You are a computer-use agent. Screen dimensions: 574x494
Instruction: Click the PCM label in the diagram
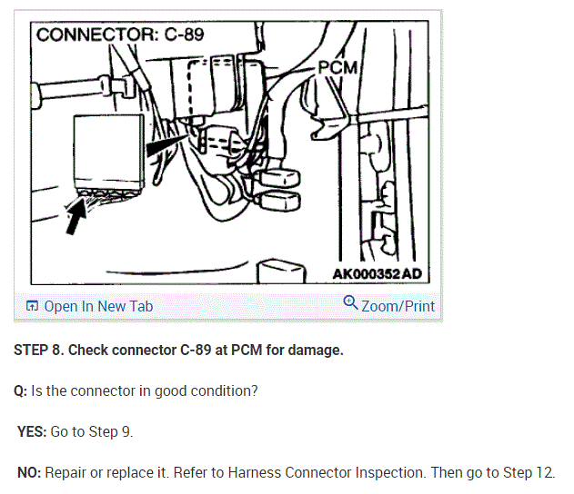[x=337, y=68]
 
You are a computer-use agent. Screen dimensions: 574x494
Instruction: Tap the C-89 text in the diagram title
[x=184, y=35]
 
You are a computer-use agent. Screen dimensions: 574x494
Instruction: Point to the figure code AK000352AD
[x=377, y=273]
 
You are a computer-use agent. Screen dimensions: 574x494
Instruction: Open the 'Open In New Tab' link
[x=98, y=306]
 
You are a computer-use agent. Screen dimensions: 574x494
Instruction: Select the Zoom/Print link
[x=398, y=306]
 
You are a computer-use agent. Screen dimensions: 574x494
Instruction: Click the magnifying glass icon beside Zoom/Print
[x=350, y=302]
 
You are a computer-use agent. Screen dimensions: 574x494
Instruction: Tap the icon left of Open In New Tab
[x=32, y=306]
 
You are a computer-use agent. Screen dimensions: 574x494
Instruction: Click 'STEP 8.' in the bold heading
[x=39, y=350]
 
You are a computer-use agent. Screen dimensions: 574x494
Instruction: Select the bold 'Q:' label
[x=21, y=391]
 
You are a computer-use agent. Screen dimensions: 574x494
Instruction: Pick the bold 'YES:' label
[x=32, y=431]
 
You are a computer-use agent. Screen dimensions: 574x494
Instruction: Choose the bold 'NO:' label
[x=30, y=472]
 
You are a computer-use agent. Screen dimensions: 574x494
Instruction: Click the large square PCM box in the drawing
[x=109, y=149]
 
